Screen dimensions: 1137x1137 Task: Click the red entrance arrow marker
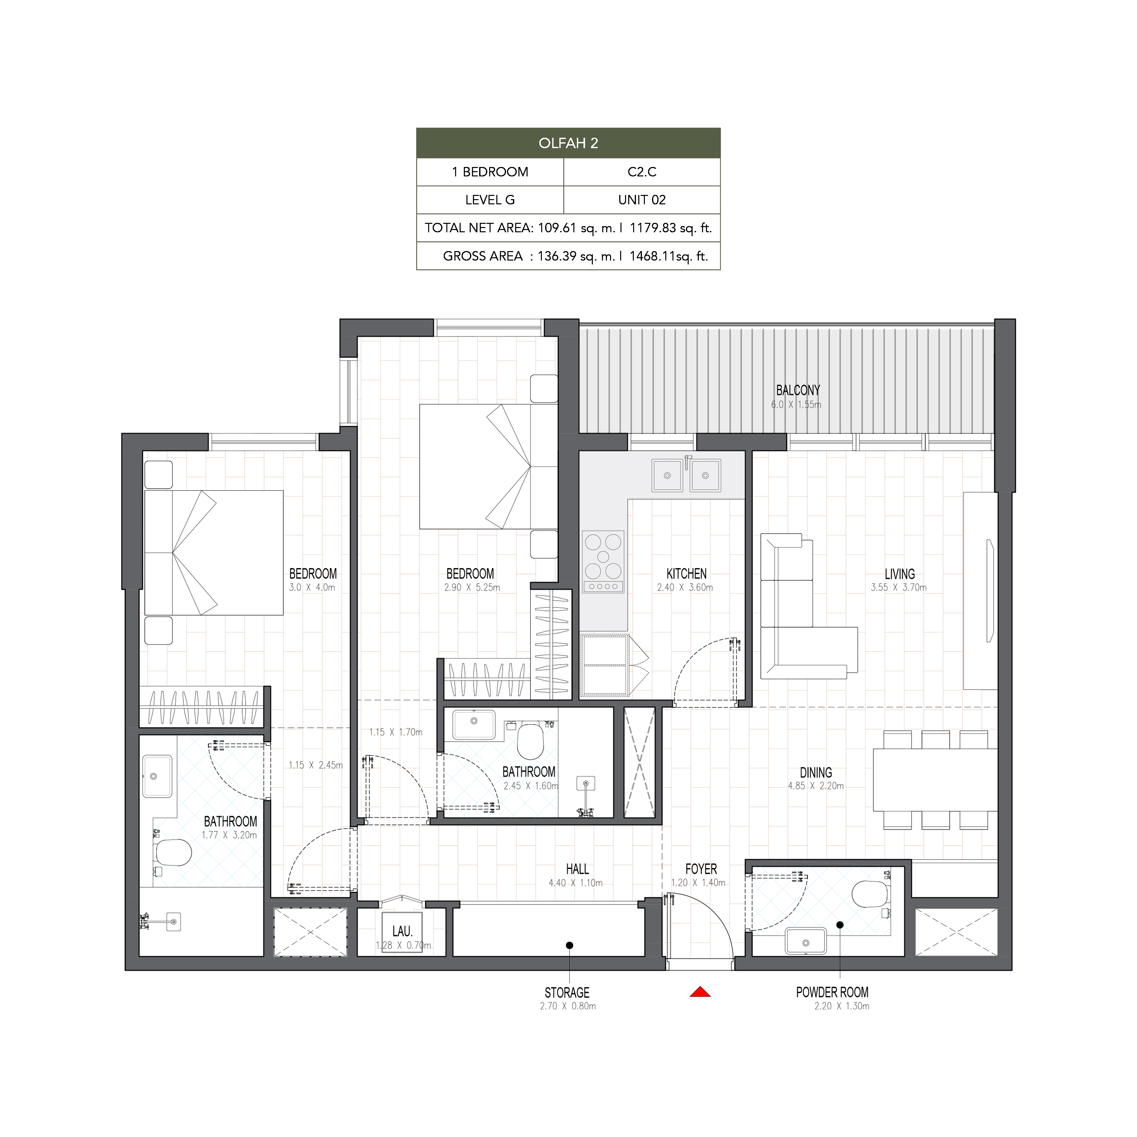click(x=700, y=992)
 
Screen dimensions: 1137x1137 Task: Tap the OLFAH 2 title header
click(x=568, y=143)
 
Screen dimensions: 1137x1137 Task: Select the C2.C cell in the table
click(x=642, y=172)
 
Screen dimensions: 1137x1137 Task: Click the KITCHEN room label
click(x=686, y=574)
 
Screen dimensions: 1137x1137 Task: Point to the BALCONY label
click(x=798, y=390)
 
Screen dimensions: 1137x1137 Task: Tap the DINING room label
click(x=816, y=773)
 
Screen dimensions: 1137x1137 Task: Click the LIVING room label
click(x=900, y=574)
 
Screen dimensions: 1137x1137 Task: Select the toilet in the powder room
click(x=870, y=895)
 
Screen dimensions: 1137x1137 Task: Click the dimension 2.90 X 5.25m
click(x=472, y=587)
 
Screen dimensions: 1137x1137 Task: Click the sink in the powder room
click(x=806, y=940)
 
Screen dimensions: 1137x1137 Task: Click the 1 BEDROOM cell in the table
click(x=490, y=172)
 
